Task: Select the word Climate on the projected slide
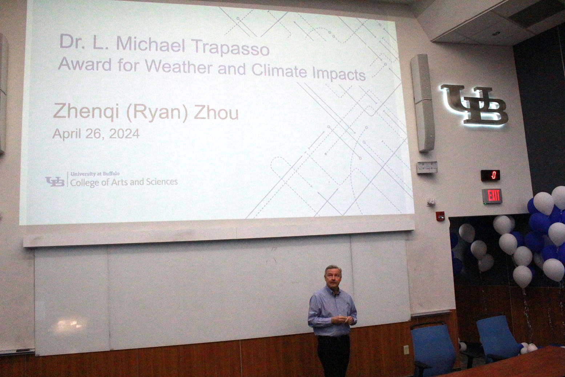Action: [x=279, y=71]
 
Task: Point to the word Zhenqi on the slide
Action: [x=86, y=111]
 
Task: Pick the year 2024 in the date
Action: [x=124, y=134]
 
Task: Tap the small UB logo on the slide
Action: [x=55, y=182]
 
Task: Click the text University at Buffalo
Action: [x=95, y=174]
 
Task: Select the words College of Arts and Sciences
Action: [x=124, y=182]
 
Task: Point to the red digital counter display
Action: [x=491, y=175]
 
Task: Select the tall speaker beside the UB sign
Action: [x=422, y=103]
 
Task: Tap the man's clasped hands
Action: [x=342, y=320]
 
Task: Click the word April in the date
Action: [x=66, y=134]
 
